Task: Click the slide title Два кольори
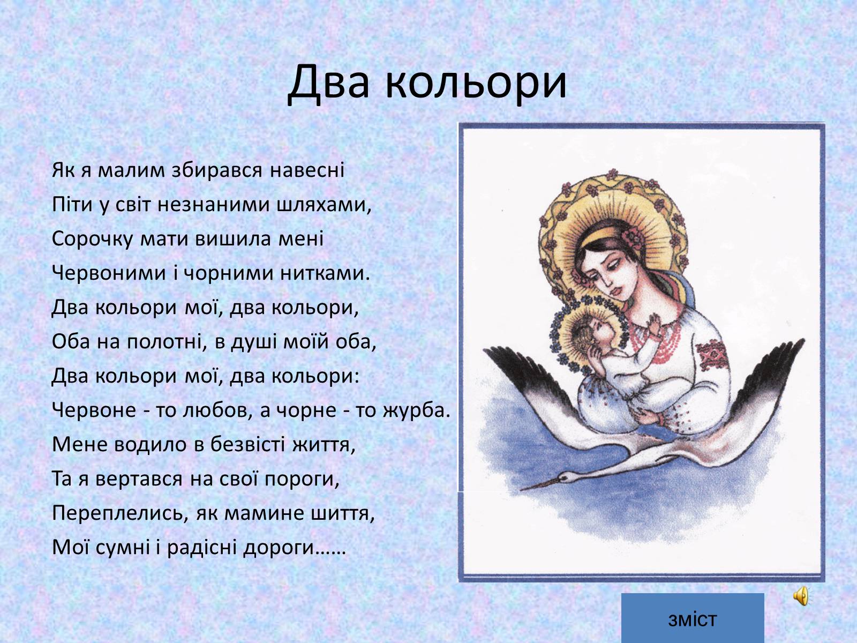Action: coord(427,83)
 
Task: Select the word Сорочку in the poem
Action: coord(92,239)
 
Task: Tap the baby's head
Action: coord(590,336)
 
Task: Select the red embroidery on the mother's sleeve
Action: coord(713,356)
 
